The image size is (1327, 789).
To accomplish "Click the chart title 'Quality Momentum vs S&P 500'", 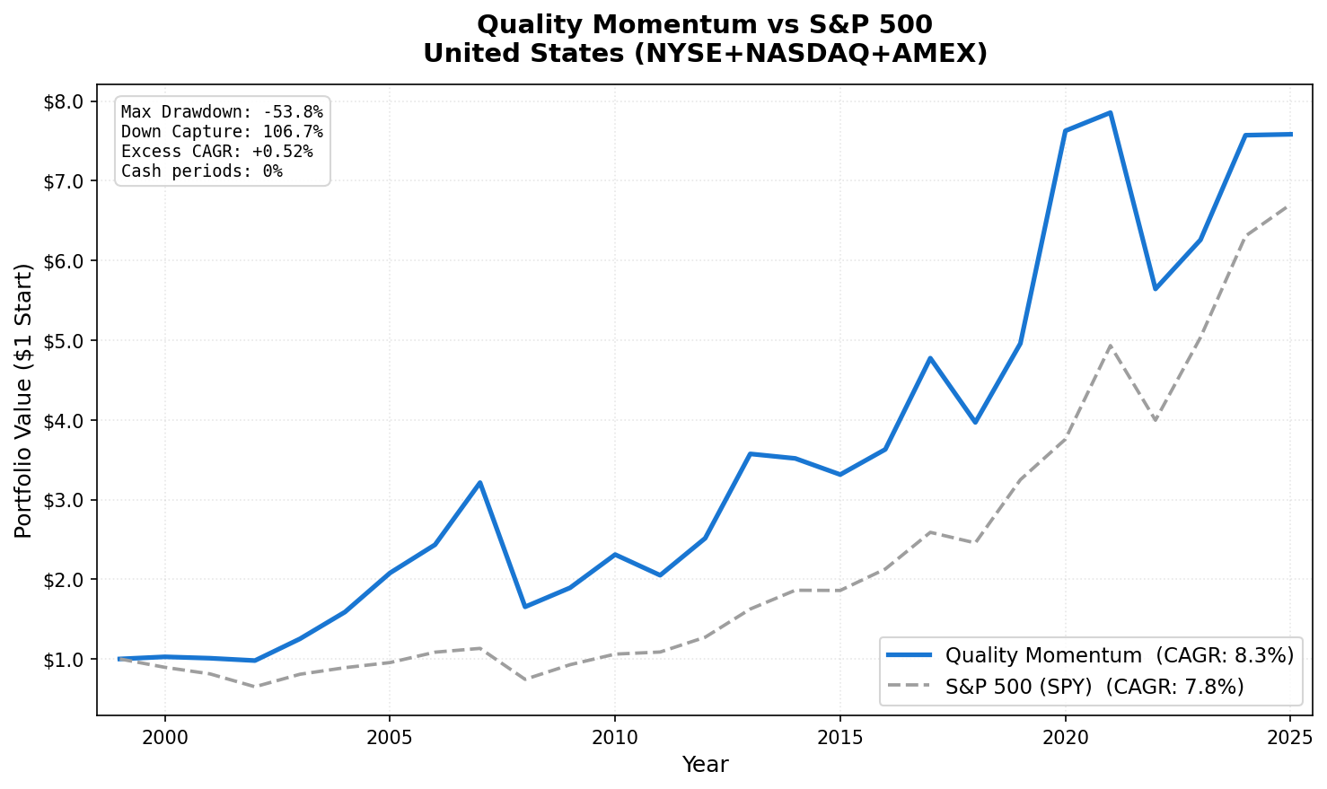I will [705, 24].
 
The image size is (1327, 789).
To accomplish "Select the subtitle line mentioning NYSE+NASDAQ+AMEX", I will [705, 54].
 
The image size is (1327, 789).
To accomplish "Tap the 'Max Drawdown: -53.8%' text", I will [222, 112].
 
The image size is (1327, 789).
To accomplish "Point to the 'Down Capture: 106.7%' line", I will [222, 132].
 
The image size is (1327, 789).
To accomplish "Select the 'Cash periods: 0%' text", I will [201, 171].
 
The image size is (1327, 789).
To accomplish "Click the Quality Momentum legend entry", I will [1090, 656].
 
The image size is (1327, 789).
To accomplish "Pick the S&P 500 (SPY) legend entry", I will [1065, 687].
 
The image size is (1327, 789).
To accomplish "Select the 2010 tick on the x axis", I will [614, 738].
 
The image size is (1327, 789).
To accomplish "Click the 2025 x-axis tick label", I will [1290, 738].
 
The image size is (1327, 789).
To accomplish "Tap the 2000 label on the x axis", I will [164, 738].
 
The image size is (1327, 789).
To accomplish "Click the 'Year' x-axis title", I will [705, 765].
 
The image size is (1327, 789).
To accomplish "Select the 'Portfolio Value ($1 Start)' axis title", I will [24, 400].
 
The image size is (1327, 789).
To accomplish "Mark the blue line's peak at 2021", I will [1110, 113].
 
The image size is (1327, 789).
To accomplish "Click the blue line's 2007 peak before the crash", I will [479, 483].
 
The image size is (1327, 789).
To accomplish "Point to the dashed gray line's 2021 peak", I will [1110, 346].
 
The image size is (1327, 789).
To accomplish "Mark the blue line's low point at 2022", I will [1156, 288].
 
